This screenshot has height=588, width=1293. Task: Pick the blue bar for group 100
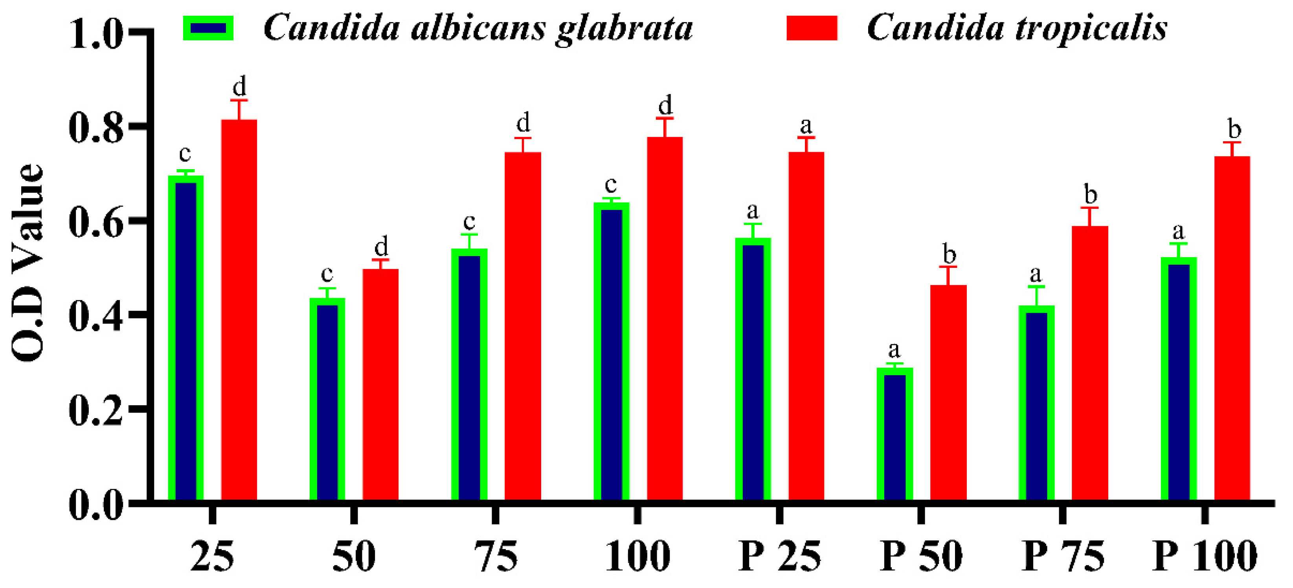611,352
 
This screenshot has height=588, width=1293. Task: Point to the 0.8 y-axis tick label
96,128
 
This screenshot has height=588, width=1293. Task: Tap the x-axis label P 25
779,556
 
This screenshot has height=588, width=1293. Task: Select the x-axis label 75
496,556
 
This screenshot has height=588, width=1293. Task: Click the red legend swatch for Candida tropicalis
812,28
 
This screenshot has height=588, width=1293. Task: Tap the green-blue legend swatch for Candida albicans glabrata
208,28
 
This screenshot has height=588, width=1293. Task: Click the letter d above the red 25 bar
239,87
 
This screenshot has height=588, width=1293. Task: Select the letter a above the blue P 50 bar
894,350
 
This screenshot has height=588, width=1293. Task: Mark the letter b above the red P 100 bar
1234,129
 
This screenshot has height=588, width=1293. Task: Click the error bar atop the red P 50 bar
948,275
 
